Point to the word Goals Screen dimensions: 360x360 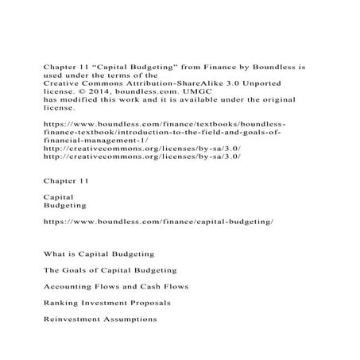point(81,270)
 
